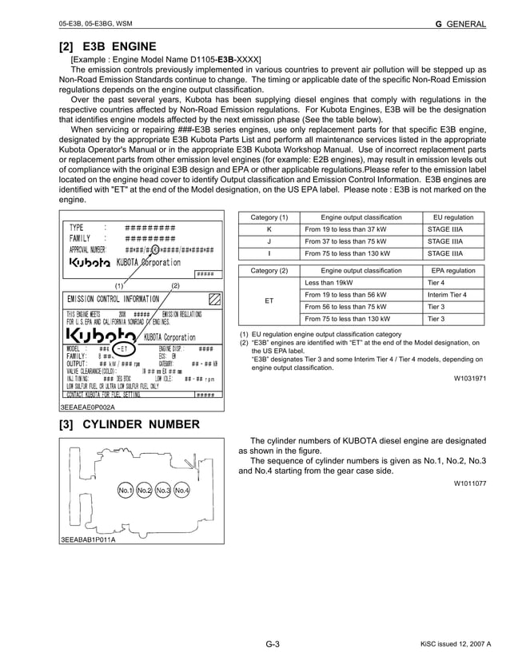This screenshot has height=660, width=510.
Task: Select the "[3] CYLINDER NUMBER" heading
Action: [130, 423]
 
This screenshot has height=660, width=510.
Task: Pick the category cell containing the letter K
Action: [269, 229]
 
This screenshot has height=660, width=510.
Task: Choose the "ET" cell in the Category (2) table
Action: [269, 300]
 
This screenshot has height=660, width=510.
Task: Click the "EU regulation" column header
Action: [453, 217]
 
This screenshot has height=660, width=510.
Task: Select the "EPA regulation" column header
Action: [453, 271]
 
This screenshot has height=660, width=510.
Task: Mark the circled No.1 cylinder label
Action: [125, 490]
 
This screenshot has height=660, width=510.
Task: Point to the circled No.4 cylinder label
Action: [181, 490]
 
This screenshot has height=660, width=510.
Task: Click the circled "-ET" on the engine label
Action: [123, 349]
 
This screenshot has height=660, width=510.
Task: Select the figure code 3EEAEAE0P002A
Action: [87, 406]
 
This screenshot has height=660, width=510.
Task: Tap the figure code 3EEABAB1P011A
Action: [87, 539]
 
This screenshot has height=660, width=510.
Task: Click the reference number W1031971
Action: [470, 378]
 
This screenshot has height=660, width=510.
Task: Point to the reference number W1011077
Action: [470, 483]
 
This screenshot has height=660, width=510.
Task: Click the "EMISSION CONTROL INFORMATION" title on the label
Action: [113, 299]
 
